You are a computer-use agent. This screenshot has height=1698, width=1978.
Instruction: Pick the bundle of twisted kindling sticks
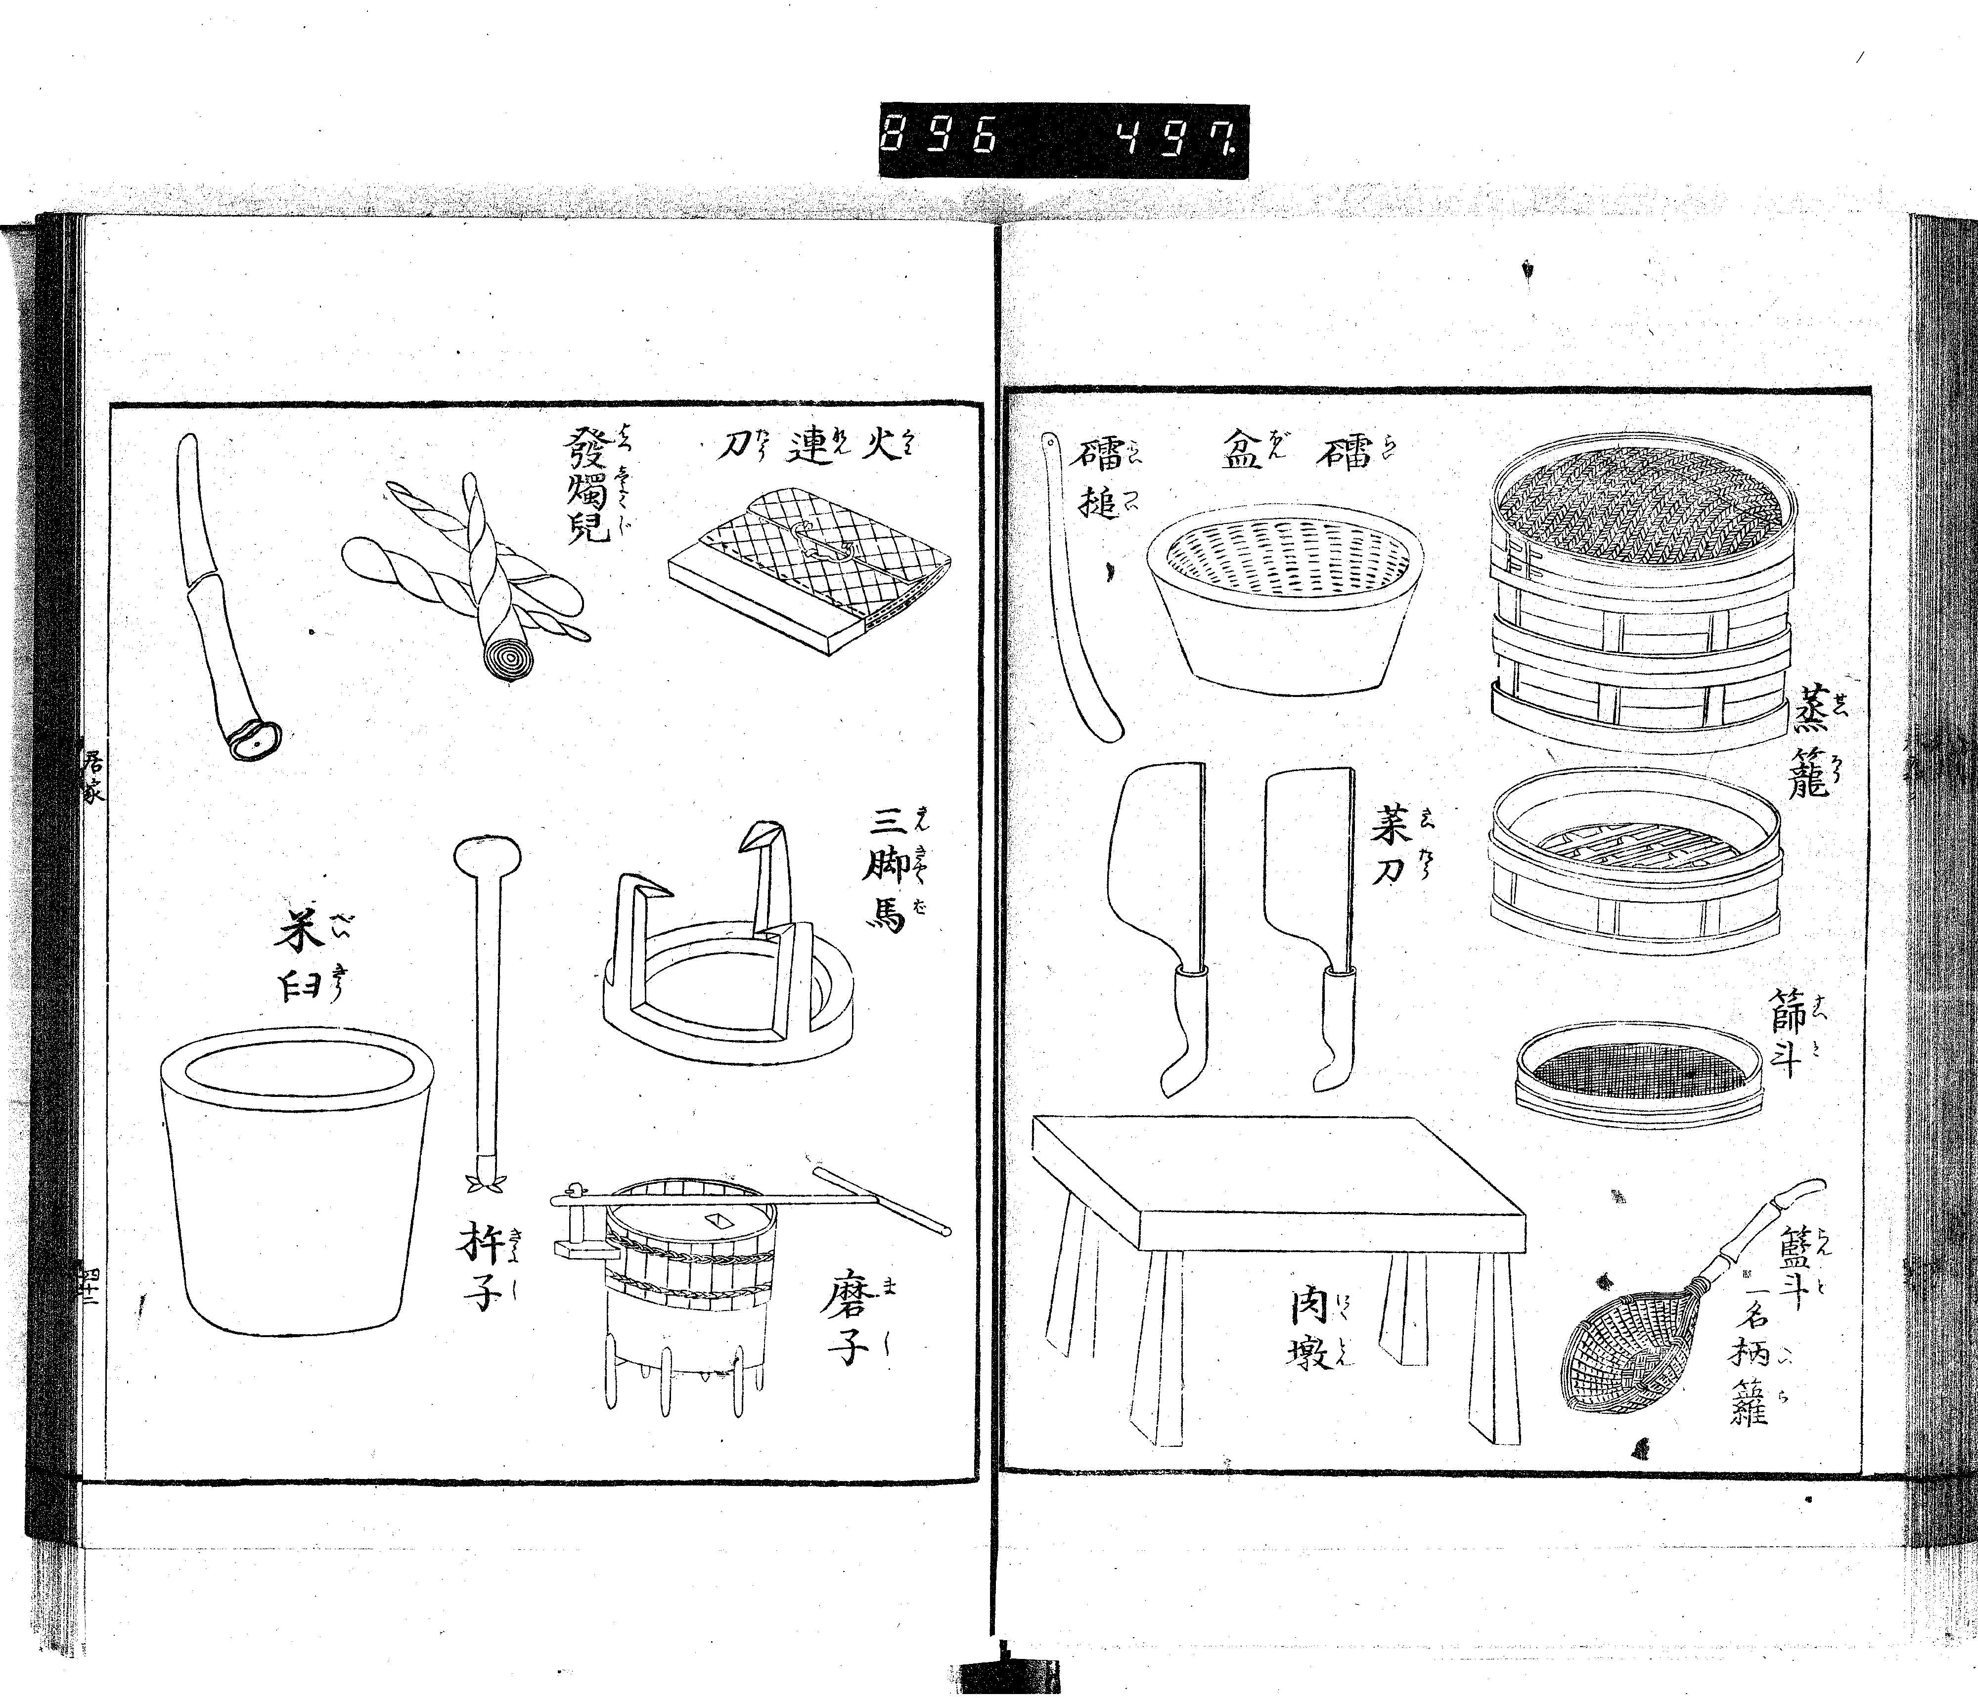pyautogui.click(x=468, y=573)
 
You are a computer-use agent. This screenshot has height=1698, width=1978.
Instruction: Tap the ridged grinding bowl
pyautogui.click(x=1284, y=601)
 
